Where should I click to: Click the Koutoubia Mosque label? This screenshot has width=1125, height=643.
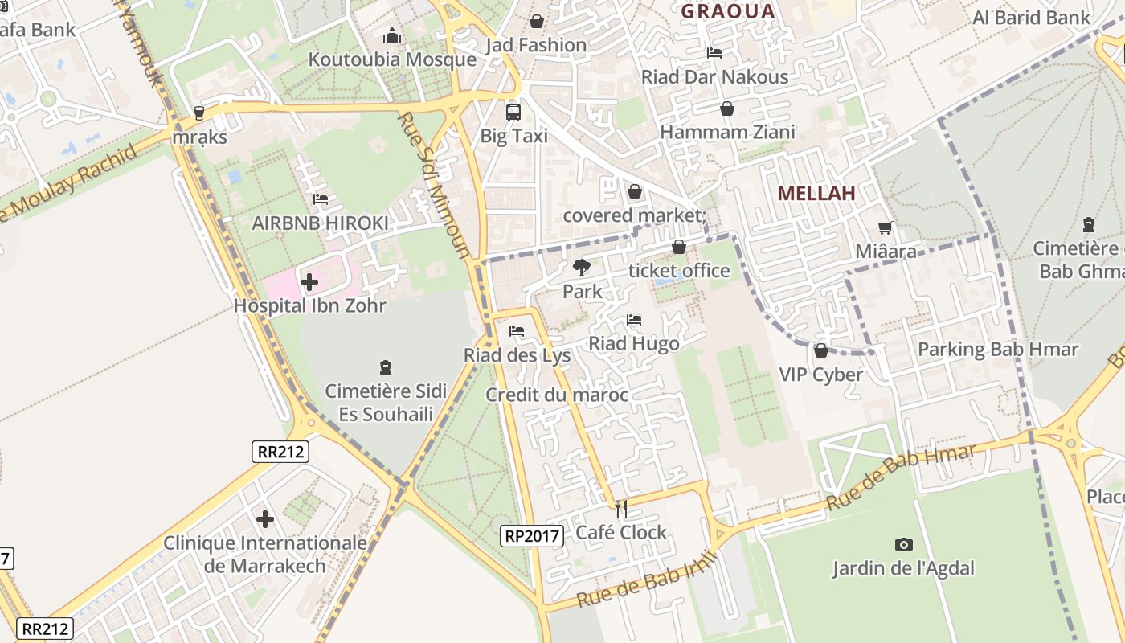click(392, 59)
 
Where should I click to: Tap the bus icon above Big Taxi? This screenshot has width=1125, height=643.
click(513, 113)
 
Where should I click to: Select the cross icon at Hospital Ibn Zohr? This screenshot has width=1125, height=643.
click(309, 282)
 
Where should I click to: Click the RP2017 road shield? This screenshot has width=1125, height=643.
click(531, 536)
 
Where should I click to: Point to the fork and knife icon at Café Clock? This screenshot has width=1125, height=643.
click(620, 508)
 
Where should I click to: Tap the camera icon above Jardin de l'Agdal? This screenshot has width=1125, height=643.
click(903, 545)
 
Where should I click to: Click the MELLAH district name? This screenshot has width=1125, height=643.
click(816, 193)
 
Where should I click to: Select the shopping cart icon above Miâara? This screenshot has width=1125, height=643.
click(886, 228)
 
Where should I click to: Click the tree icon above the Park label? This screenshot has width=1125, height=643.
click(582, 268)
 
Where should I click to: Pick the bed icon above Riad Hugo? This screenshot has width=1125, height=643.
click(634, 320)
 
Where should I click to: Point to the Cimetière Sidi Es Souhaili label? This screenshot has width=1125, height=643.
click(386, 403)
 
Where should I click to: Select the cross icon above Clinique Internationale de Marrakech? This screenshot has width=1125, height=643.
click(265, 519)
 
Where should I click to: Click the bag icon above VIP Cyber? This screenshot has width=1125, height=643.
click(820, 350)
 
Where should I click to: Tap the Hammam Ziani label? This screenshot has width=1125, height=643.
click(727, 132)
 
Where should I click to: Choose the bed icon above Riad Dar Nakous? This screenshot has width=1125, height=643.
click(714, 54)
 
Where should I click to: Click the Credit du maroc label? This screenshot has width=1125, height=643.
click(556, 395)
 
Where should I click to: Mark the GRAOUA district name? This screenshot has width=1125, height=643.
click(727, 11)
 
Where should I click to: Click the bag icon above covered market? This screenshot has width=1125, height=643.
click(635, 191)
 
